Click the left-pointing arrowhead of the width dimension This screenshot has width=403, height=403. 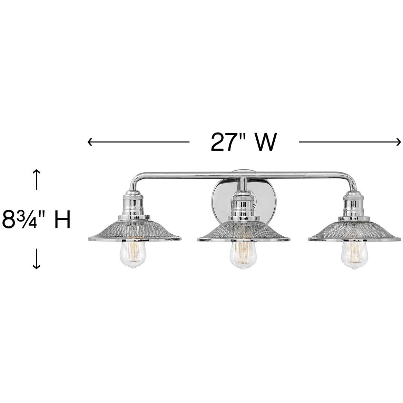(90, 141)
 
